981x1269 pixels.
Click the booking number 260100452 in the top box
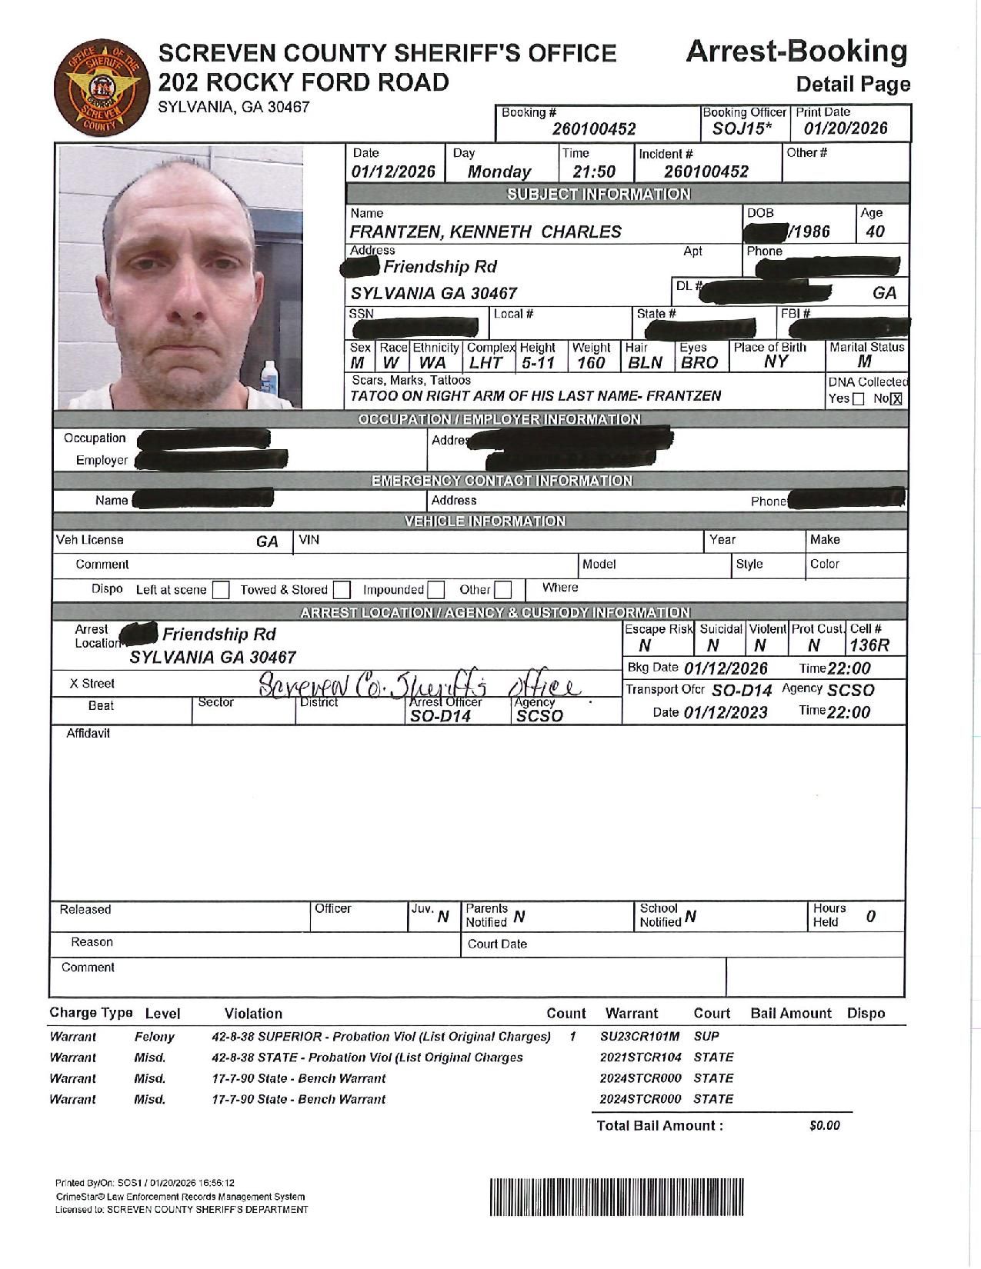[x=594, y=129]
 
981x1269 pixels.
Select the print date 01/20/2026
[x=846, y=129]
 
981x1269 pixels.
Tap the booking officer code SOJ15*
[x=742, y=129]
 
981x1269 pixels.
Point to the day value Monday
[x=499, y=172]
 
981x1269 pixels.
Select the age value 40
[x=875, y=231]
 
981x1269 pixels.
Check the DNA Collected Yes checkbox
[x=859, y=399]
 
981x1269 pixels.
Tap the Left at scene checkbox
[x=221, y=591]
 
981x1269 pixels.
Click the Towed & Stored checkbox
[x=342, y=591]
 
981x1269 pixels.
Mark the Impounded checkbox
[x=436, y=591]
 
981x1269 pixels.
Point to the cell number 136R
[x=869, y=646]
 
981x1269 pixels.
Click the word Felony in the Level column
[x=154, y=1037]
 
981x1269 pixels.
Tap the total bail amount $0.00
[x=824, y=1126]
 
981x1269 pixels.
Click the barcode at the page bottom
[x=616, y=1196]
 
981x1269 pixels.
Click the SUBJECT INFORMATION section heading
[x=598, y=194]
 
